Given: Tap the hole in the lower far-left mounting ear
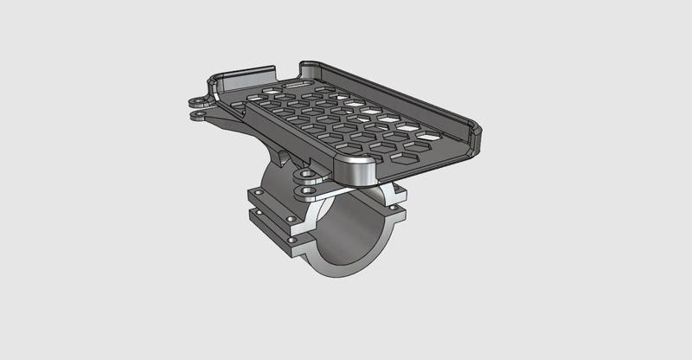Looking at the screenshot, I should (199, 113).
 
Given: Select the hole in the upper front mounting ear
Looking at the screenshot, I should (305, 174).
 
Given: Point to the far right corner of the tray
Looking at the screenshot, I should (474, 130).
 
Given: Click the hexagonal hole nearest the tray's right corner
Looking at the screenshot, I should (429, 136).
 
